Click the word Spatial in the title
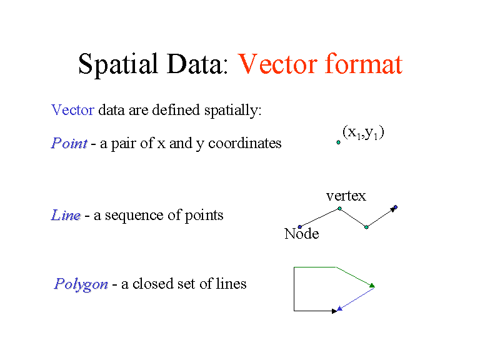coord(115,64)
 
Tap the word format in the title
coord(363,64)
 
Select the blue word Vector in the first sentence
coord(72,111)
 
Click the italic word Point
coord(69,143)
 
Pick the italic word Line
coord(66,216)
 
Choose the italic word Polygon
coord(81,284)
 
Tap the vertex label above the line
coord(346,196)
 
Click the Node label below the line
coord(301,234)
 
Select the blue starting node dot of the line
coord(300,226)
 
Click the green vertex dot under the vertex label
coord(339,208)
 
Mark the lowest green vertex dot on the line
coord(366,227)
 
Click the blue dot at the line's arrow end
coord(396,207)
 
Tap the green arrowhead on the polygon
coord(371,285)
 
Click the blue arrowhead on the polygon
coord(339,307)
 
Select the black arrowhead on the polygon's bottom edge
coord(334,311)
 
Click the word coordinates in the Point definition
coord(244,143)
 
